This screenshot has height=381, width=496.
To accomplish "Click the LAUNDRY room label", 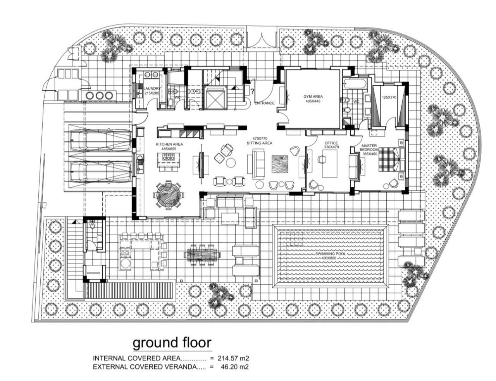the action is (152, 88).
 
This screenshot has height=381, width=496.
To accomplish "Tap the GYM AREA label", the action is (313, 97).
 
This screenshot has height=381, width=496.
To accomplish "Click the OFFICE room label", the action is (331, 143).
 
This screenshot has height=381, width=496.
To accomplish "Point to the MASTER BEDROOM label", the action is (369, 147).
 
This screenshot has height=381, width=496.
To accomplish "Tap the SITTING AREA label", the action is (260, 143).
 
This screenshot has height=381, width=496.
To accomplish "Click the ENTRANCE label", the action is (265, 103).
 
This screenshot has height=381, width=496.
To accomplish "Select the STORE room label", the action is (195, 91).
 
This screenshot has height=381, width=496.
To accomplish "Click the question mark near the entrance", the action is (252, 92).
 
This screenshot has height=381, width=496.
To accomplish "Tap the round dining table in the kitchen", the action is (169, 195).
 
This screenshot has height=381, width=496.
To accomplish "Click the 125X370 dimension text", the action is (389, 97).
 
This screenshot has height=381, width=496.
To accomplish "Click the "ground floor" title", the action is (172, 343).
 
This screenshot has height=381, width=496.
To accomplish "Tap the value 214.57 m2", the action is (233, 358).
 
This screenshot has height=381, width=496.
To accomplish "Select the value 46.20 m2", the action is (235, 367).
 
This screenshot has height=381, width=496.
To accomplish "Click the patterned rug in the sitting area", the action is (280, 164).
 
